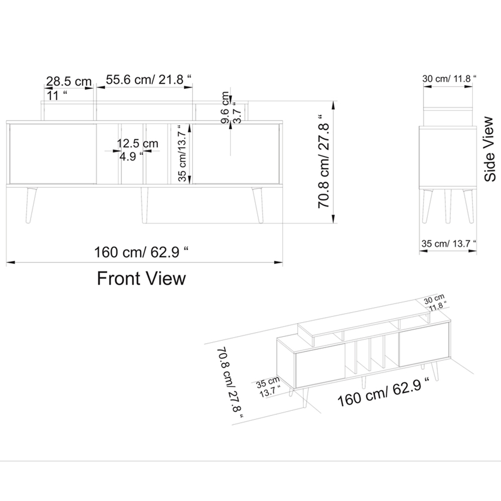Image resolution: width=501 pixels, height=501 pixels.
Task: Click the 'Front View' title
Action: (141, 278)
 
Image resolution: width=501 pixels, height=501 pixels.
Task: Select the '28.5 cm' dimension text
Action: (69, 81)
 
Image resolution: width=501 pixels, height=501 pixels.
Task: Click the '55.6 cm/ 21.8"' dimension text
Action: (148, 79)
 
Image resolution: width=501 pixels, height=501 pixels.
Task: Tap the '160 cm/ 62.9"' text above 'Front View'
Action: (141, 252)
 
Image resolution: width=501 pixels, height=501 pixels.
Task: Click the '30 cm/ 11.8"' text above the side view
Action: (449, 79)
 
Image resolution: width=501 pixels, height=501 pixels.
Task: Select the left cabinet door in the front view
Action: (53, 154)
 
